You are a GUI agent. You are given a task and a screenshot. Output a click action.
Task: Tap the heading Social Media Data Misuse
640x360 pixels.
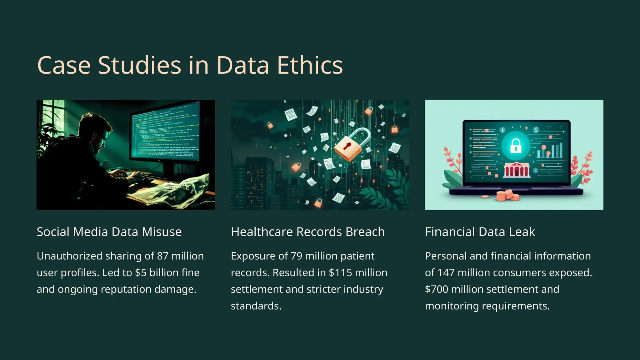coord(109,232)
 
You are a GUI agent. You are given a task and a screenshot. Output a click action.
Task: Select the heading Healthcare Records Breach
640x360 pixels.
coord(308,232)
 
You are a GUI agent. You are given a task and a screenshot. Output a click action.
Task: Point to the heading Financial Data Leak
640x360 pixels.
coord(480,232)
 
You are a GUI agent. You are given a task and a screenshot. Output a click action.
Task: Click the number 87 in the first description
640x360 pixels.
coord(162,256)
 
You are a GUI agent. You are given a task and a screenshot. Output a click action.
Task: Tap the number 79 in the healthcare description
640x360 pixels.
coord(296,256)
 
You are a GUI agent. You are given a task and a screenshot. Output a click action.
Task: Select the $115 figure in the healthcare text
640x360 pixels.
coord(341,272)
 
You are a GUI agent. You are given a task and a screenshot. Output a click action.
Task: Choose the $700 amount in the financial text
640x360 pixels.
coord(437,289)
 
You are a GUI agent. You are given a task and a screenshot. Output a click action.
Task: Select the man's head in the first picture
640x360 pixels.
coord(94,131)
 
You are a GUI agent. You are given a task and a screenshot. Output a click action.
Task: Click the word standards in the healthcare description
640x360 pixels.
coord(256,306)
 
